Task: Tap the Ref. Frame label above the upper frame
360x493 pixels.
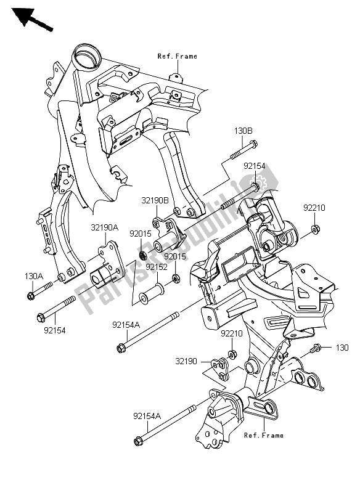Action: coord(177,56)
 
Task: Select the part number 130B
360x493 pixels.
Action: coord(242,130)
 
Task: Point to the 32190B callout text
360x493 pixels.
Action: coord(155,201)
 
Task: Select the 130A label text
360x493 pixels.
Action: coord(34,275)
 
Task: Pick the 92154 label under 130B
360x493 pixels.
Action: coord(254,166)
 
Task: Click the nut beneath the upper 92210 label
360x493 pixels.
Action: coord(314,230)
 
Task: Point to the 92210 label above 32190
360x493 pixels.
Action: coord(232,333)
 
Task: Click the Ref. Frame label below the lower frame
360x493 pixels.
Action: coord(263,435)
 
